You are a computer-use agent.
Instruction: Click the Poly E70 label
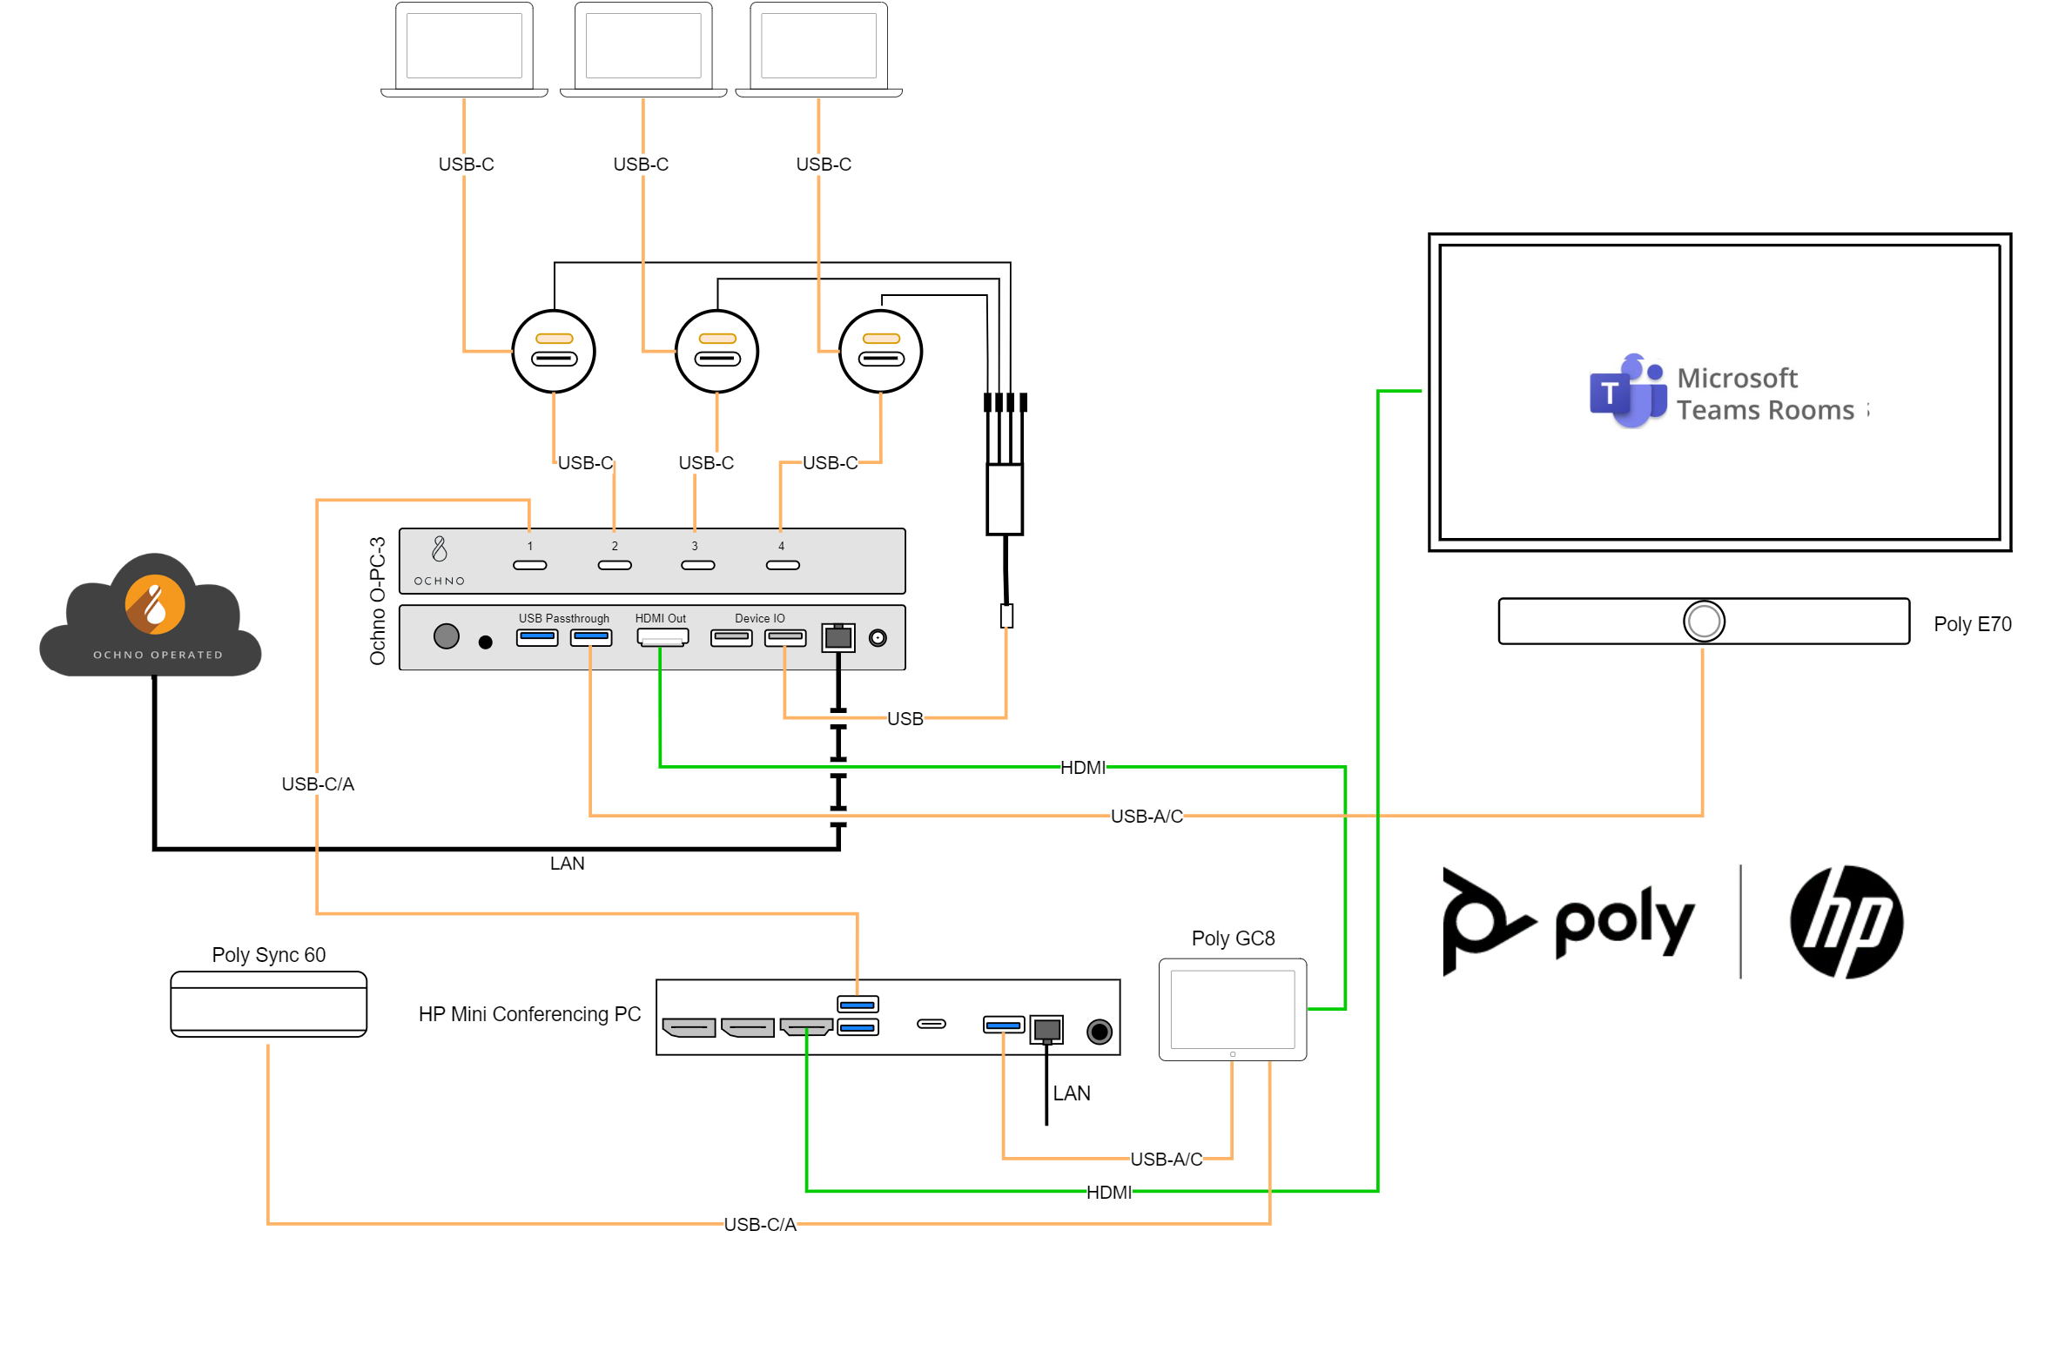pyautogui.click(x=1971, y=624)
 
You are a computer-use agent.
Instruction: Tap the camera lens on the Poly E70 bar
pyautogui.click(x=1703, y=621)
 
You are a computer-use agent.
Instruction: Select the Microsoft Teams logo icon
pyautogui.click(x=1626, y=392)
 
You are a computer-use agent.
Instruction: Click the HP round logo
pyautogui.click(x=1846, y=922)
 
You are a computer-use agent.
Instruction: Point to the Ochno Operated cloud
pyautogui.click(x=152, y=616)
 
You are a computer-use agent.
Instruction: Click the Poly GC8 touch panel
pyautogui.click(x=1232, y=1009)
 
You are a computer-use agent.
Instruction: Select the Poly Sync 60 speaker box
pyautogui.click(x=268, y=1004)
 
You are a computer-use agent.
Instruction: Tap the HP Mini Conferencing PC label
pyautogui.click(x=529, y=1014)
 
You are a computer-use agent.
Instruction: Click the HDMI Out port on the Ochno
pyautogui.click(x=663, y=637)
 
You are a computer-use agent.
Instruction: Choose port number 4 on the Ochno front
pyautogui.click(x=782, y=565)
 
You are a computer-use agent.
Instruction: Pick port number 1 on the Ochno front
pyautogui.click(x=529, y=565)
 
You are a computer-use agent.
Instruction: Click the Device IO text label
pyautogui.click(x=759, y=618)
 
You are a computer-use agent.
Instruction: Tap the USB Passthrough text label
pyautogui.click(x=563, y=618)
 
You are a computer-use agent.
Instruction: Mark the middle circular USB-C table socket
pyautogui.click(x=716, y=351)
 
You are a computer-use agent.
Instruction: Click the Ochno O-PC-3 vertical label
pyautogui.click(x=377, y=601)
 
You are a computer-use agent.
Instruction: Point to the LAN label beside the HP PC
pyautogui.click(x=1071, y=1093)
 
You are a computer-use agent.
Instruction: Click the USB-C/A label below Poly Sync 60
pyautogui.click(x=760, y=1224)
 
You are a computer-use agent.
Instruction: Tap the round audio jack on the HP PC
pyautogui.click(x=1099, y=1032)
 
